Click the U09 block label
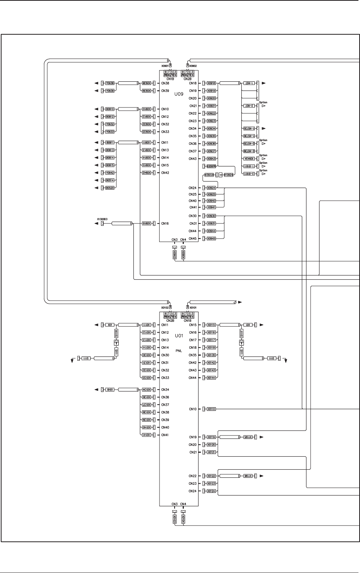pos(179,94)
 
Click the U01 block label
pos(179,336)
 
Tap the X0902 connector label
pos(193,66)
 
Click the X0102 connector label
pos(165,308)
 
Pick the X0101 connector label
pos(193,308)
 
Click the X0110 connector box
pos(211,409)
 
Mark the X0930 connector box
pos(211,216)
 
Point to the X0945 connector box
pos(211,239)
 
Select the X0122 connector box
pos(211,476)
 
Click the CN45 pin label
pos(192,239)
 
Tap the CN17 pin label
pos(193,340)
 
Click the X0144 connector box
pos(211,378)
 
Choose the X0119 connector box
pos(211,437)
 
